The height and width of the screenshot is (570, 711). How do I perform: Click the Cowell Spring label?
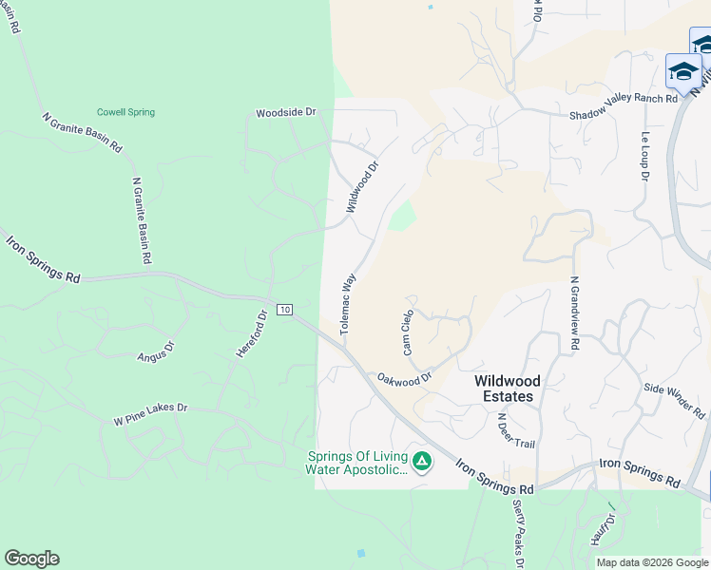[x=125, y=112]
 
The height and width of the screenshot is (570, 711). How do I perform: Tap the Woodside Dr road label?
[x=285, y=113]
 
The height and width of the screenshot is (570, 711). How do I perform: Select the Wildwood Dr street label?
[x=362, y=185]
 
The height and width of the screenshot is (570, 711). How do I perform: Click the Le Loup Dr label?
[x=645, y=156]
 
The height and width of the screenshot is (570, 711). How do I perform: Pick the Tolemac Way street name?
[x=348, y=304]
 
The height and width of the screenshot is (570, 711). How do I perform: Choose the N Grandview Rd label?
[x=574, y=314]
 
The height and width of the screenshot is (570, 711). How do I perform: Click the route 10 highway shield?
[x=284, y=310]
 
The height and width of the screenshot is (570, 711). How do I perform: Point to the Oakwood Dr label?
[x=405, y=377]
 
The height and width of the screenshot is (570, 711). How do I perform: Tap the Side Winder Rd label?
[x=674, y=401]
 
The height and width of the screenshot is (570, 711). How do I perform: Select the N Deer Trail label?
[x=503, y=430]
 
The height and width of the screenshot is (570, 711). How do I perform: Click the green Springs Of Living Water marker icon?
[x=422, y=463]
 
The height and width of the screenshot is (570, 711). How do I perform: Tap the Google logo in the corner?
[x=31, y=559]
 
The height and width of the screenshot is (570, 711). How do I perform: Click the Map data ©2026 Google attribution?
[x=652, y=562]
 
